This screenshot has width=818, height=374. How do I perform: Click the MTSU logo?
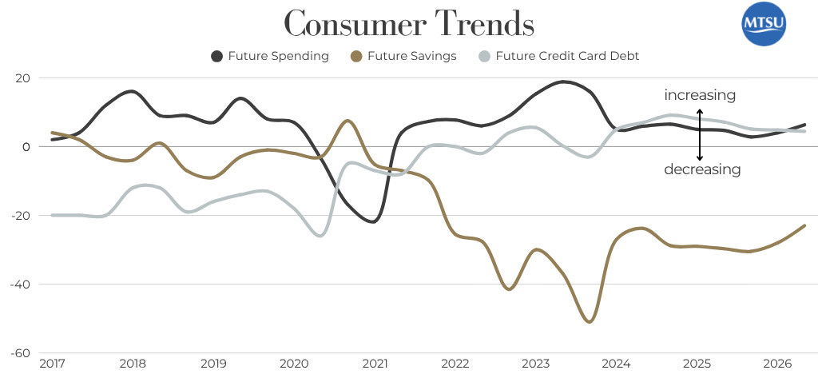764,25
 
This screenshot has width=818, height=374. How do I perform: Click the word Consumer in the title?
345,23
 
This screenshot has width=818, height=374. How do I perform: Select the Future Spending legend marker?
217,56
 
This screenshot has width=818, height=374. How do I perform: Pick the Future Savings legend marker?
356,56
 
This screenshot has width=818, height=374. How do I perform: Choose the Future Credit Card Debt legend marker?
484,56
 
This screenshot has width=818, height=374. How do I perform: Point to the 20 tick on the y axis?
22,78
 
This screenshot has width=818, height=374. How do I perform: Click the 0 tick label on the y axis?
26,147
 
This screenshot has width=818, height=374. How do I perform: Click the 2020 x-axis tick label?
295,364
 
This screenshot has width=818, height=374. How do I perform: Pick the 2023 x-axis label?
537,364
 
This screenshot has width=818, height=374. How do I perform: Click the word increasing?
700,96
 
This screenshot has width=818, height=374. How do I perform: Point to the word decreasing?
702,169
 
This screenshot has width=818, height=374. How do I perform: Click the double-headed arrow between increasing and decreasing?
700,133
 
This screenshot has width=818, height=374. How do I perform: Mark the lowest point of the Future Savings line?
589,321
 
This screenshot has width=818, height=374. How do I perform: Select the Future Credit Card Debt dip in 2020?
321,236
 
